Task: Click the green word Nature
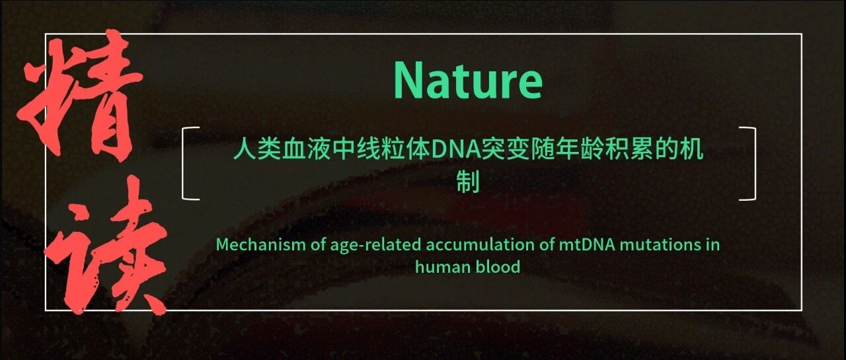pyautogui.click(x=468, y=81)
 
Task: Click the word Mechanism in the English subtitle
pyautogui.click(x=261, y=244)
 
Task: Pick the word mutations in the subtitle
pyautogui.click(x=660, y=244)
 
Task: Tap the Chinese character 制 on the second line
pyautogui.click(x=468, y=182)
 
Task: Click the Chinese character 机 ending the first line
pyautogui.click(x=691, y=149)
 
